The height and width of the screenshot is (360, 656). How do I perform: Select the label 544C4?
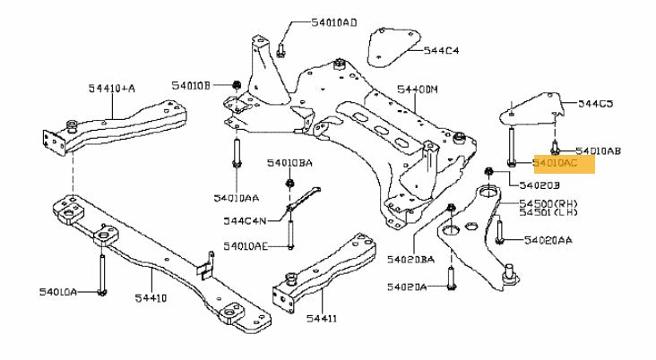tap(442, 52)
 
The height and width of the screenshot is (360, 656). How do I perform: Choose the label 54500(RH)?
tap(548, 204)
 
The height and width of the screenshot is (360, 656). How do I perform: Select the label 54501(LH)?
tap(547, 215)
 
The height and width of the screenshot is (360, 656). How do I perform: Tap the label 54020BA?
tap(410, 260)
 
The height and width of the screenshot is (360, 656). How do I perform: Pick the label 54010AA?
tap(237, 196)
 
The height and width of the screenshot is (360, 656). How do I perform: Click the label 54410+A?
tap(112, 88)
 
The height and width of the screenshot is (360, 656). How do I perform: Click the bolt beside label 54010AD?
tap(281, 46)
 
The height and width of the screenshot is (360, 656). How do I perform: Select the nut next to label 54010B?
tap(236, 85)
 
